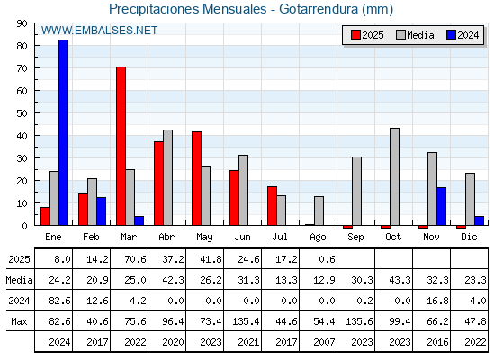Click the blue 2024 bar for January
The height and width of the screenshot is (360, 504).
click(63, 132)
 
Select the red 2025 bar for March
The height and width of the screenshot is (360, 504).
click(121, 146)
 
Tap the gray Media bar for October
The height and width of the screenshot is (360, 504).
click(395, 176)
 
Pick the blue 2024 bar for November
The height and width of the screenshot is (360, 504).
click(441, 206)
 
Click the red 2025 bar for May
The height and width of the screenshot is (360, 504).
click(197, 178)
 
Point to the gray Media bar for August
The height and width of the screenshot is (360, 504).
click(319, 211)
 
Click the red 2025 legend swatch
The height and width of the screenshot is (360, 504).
click(355, 35)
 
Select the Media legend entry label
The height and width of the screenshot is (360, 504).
click(420, 35)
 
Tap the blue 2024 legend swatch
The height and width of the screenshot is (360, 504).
click(451, 35)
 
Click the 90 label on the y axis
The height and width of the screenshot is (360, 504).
click(22, 23)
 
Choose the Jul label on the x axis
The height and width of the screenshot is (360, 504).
click(280, 237)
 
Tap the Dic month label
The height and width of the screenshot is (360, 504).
click(469, 237)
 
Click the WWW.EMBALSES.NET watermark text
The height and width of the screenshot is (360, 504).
click(99, 31)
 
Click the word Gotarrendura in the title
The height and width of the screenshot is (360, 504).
click(319, 9)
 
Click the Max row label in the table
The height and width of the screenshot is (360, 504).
click(19, 321)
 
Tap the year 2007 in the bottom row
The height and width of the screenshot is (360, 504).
click(324, 342)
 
